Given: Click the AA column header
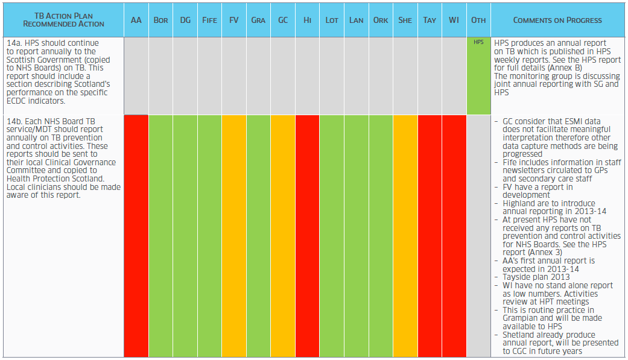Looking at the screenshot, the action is point(136,20).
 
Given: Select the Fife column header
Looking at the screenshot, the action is point(209,20).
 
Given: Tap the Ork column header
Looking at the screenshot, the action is point(381,20).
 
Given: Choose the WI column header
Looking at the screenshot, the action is point(454,20).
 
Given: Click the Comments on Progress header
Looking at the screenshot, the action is point(557,20).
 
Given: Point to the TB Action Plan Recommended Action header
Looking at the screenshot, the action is point(64,20).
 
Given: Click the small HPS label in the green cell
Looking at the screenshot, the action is point(478,42).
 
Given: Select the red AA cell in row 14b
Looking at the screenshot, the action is point(136,236).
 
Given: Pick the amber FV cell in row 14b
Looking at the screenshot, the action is point(234,236).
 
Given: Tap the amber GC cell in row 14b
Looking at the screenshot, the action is point(283,236).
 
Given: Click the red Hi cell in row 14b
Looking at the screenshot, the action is point(307,236).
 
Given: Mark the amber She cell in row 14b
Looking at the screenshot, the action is point(405,236).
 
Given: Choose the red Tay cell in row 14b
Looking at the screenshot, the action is point(430,236).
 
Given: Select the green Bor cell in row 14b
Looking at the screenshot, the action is point(160,236).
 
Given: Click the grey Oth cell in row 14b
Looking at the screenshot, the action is point(478,236).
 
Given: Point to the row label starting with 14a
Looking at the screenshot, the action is point(58,72).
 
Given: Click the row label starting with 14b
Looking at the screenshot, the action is point(63,158).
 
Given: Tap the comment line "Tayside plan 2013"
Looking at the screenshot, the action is point(536,277).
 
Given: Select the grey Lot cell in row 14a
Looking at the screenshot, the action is point(332,76).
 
